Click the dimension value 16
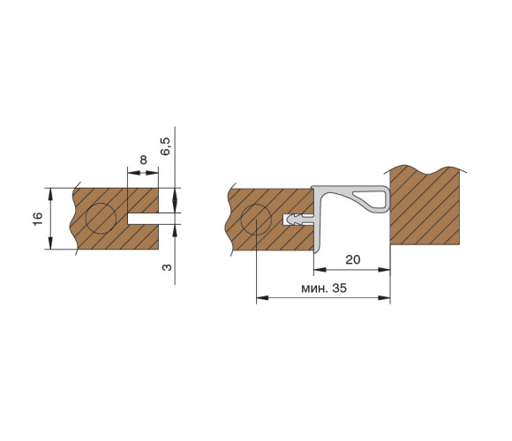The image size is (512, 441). coord(38,219)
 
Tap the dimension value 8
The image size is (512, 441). coord(143,161)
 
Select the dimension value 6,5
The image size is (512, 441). coord(166,146)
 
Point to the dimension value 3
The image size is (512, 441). coord(167,267)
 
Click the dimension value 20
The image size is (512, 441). coord(353,259)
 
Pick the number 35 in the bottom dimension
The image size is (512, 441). coord(340,288)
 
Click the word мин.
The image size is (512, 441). coord(315,288)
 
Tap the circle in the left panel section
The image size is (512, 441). coord(101,218)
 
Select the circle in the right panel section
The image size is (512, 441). coord(256,220)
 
